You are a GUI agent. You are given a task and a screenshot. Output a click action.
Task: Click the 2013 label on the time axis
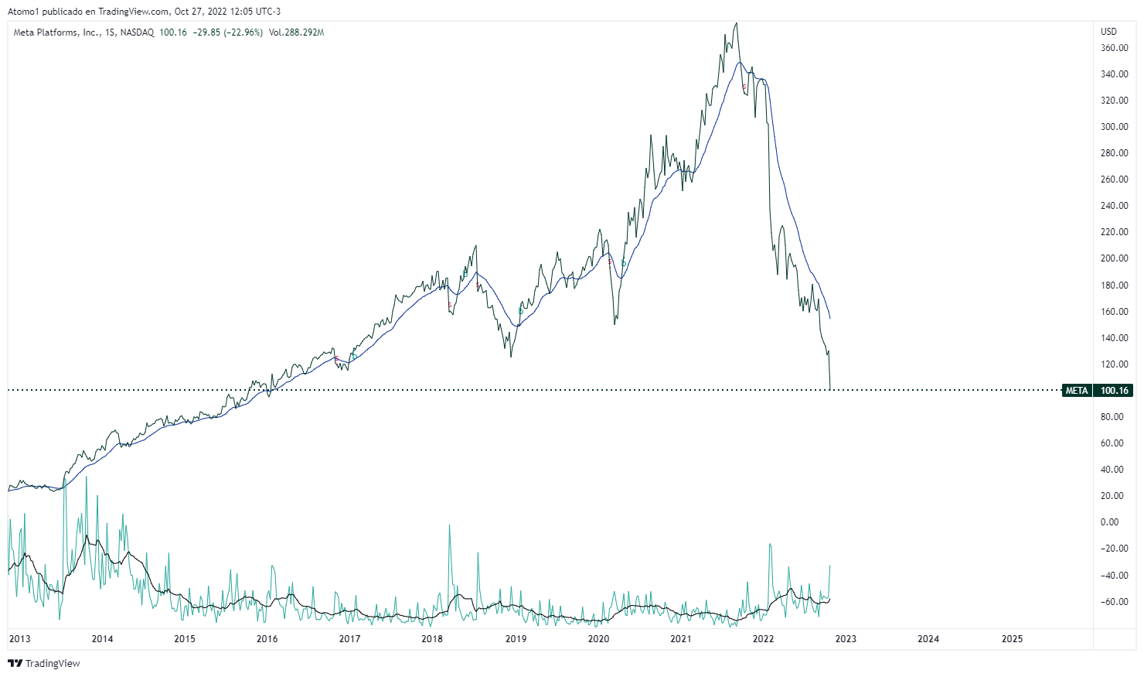[x=19, y=639]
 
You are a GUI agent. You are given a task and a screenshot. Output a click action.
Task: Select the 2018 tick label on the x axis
[x=432, y=639]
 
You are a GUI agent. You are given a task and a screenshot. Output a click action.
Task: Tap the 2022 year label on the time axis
[x=763, y=639]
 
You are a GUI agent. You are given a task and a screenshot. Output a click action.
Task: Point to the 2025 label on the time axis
[x=1012, y=639]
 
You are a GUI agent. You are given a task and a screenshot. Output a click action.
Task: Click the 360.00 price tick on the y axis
[x=1114, y=48]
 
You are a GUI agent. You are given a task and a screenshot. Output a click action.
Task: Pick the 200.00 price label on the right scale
[x=1114, y=258]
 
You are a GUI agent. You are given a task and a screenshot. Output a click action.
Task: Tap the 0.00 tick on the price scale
[x=1109, y=522]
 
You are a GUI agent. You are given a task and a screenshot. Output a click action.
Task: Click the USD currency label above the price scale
[x=1108, y=32]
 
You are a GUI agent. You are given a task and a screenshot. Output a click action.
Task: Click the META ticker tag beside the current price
[x=1077, y=391]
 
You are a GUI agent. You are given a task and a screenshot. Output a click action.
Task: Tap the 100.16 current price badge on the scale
[x=1115, y=391]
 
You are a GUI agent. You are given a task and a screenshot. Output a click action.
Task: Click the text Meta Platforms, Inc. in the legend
[x=56, y=32]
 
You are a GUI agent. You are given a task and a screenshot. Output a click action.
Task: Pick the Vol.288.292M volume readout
[x=296, y=32]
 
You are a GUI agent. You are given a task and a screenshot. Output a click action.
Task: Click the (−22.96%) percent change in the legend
[x=243, y=32]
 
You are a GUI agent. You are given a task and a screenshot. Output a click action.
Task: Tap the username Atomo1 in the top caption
[x=23, y=12]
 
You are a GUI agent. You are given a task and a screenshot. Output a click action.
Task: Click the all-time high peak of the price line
[x=736, y=23]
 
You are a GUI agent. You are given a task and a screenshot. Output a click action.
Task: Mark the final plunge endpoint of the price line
[x=829, y=389]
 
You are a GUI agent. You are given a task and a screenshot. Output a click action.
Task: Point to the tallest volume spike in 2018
[x=449, y=525]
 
